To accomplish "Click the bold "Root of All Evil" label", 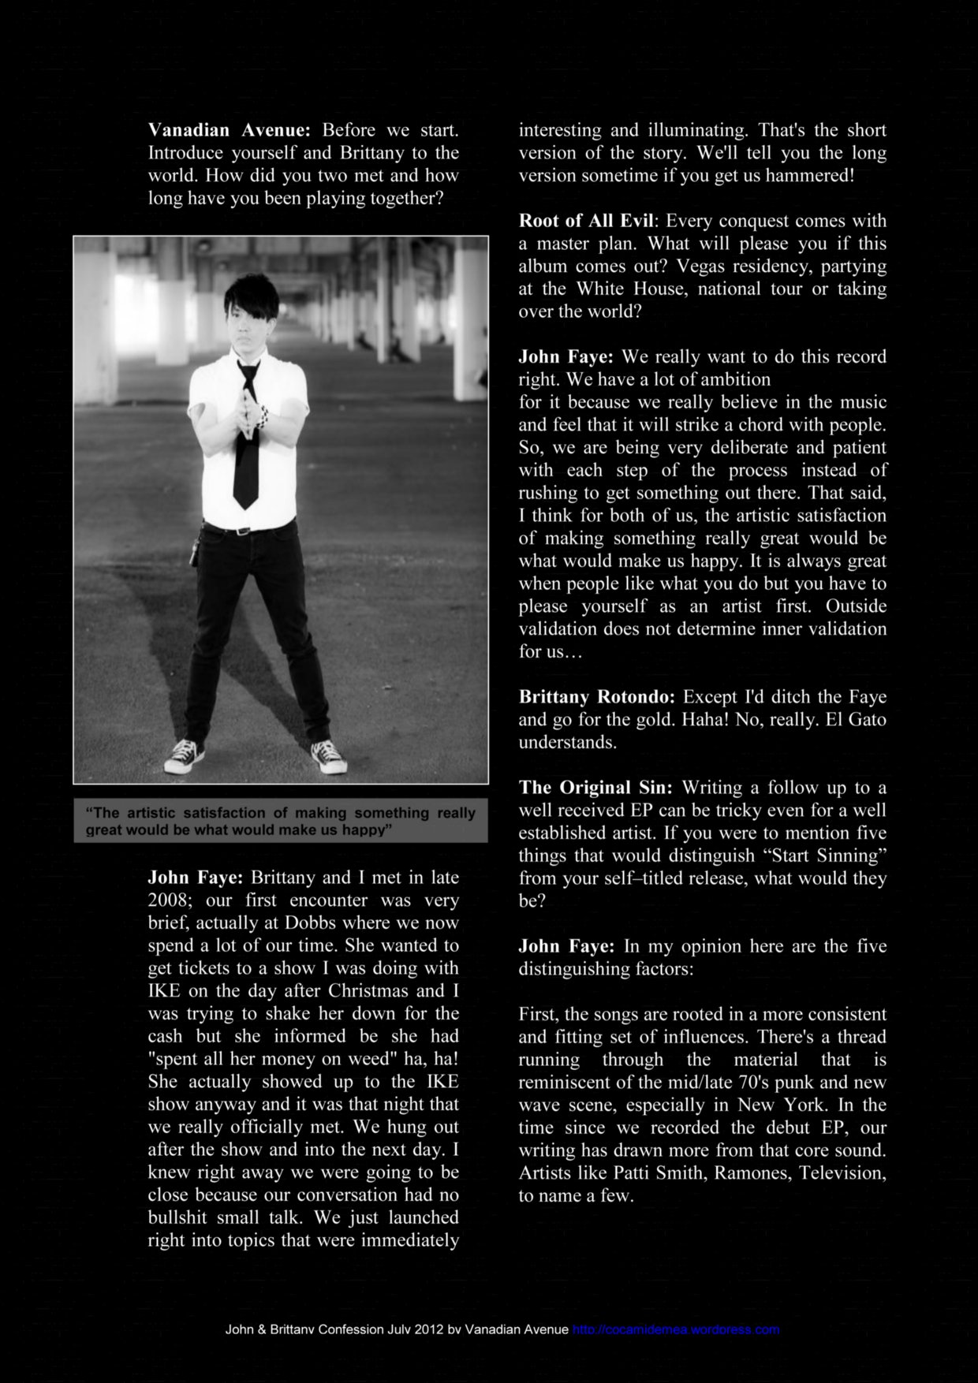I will [x=585, y=221].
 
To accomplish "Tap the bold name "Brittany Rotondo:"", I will [x=597, y=697].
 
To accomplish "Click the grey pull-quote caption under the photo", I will [x=281, y=821].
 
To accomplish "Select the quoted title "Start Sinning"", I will [x=814, y=856].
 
